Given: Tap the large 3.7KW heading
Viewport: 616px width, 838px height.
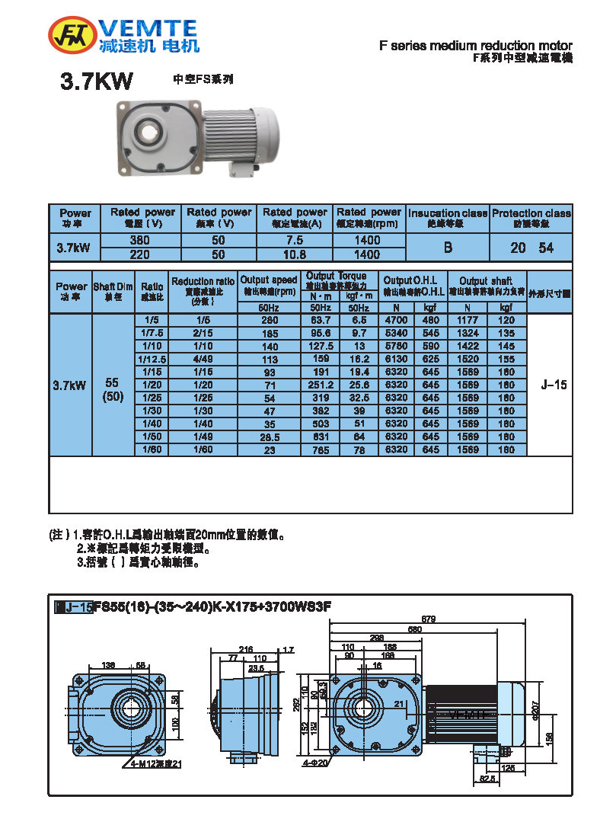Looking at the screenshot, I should click(x=97, y=82).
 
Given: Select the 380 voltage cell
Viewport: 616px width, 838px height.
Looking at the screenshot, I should click(x=140, y=241).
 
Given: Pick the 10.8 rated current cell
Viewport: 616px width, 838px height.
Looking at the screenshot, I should click(x=295, y=254).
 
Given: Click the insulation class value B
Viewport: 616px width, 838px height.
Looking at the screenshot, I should click(x=448, y=248).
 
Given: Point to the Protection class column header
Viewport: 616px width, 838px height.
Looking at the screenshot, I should click(x=531, y=217).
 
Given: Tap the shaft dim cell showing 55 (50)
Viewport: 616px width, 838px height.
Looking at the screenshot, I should click(x=113, y=391).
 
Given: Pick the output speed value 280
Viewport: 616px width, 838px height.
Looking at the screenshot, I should click(x=268, y=321).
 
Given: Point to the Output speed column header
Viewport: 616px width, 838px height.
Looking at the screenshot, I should click(x=268, y=285).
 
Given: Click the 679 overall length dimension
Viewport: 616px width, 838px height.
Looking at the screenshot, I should click(x=429, y=619).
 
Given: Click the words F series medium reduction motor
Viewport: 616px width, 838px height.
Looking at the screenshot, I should click(x=475, y=46).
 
